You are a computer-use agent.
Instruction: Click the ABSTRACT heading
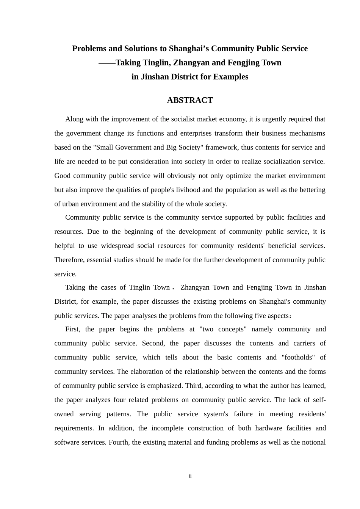click(x=190, y=100)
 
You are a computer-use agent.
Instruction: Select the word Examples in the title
click(x=231, y=77)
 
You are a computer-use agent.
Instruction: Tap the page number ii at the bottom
click(x=190, y=476)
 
